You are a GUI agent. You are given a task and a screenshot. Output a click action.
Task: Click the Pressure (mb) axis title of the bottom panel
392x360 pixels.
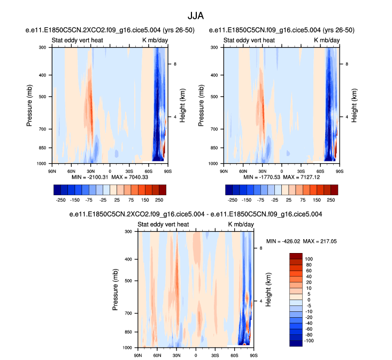(x=116, y=289)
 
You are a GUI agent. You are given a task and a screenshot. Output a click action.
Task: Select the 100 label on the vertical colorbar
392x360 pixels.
(x=309, y=258)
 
